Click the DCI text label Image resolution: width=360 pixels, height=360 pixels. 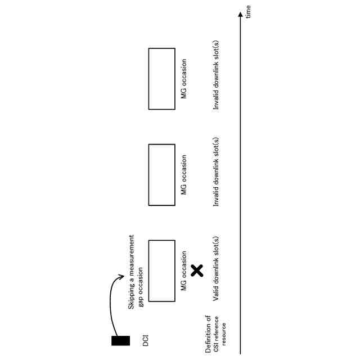tap(146, 340)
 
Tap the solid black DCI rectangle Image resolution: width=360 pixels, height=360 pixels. tap(120, 340)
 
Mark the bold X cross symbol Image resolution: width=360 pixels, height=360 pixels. tap(197, 271)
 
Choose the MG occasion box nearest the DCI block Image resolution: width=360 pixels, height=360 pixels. tap(161, 271)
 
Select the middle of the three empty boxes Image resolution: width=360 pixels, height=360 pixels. tap(161, 175)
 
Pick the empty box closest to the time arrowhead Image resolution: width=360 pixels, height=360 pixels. tap(161, 79)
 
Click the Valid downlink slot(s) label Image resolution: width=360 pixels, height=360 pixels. tap(216, 264)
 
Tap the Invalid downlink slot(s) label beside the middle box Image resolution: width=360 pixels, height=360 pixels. tap(216, 171)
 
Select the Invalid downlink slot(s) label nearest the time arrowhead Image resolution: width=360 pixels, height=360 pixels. tap(216, 75)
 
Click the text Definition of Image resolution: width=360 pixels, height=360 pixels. tap(208, 334)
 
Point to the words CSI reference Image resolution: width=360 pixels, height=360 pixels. tap(216, 334)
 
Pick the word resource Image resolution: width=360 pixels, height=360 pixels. tap(223, 334)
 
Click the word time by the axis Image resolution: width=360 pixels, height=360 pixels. tap(248, 11)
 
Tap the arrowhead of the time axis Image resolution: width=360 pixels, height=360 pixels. tap(241, 15)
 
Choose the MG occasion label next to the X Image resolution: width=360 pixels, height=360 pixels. tap(184, 271)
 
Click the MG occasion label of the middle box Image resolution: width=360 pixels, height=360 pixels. tap(184, 175)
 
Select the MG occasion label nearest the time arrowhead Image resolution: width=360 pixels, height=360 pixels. tap(184, 79)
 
